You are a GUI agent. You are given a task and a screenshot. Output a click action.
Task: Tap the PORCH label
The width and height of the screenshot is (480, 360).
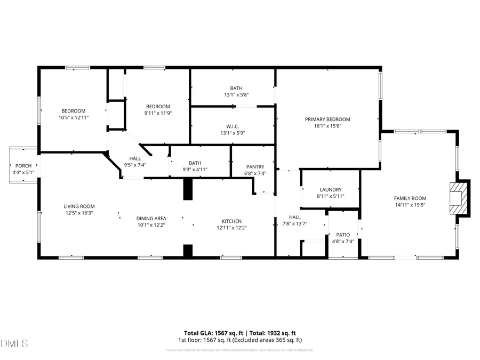[x=23, y=166]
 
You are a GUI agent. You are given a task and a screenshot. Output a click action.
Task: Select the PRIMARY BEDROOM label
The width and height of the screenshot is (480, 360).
[x=327, y=119]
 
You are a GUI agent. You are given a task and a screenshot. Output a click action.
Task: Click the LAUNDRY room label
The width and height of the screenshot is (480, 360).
[x=331, y=189]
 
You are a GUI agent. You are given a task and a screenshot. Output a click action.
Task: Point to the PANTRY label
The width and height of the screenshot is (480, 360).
[x=255, y=166]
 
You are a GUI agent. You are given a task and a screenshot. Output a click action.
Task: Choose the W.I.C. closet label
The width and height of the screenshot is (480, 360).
[x=233, y=126]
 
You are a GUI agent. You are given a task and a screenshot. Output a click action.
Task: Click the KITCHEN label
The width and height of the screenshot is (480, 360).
[x=231, y=221]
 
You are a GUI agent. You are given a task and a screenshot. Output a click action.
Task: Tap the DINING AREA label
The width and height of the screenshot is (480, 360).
[x=151, y=218]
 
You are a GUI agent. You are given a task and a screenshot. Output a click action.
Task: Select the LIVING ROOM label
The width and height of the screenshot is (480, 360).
[x=79, y=206]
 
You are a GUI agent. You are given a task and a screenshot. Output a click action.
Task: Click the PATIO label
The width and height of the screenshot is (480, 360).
[x=343, y=235]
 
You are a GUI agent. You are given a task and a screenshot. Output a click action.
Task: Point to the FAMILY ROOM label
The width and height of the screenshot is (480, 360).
[x=410, y=198]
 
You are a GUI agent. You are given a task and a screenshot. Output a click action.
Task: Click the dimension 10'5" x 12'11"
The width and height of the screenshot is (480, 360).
[x=74, y=117]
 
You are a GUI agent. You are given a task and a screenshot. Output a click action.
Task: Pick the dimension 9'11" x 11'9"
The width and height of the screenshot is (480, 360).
[x=158, y=113]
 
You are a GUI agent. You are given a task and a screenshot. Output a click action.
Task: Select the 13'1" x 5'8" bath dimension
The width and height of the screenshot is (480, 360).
[x=236, y=95]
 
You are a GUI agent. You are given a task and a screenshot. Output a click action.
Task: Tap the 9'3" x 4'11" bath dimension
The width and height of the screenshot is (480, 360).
[x=195, y=170]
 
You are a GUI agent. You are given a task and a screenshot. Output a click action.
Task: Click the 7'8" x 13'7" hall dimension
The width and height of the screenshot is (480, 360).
[x=295, y=224]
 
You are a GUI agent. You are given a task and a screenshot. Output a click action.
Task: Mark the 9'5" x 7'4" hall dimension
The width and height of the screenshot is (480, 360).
[x=135, y=165]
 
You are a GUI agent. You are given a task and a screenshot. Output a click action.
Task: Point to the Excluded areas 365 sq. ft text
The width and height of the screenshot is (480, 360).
[x=270, y=340]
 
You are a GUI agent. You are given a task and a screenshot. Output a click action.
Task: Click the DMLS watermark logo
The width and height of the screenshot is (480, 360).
[x=14, y=342]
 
